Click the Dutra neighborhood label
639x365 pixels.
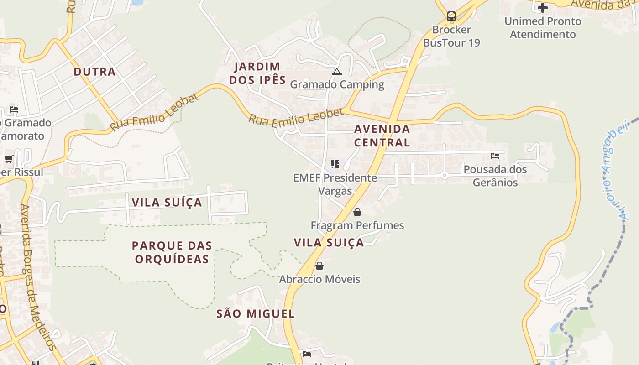pos(94,72)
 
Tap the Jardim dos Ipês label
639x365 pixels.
pos(257,73)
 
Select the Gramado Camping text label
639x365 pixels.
pos(337,84)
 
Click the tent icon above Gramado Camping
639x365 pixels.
pos(337,72)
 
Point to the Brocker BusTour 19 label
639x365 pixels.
pos(451,36)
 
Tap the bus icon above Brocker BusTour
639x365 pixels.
pos(451,17)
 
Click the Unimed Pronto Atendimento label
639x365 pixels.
pos(543,27)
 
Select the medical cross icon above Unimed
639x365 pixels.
pos(543,8)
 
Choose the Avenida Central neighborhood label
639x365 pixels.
pos(382,136)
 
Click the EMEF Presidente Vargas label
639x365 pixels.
pos(335,184)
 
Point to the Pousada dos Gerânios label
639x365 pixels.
pos(495,176)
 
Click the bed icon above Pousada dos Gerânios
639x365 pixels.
pos(495,156)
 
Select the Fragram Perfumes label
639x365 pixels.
pos(357,225)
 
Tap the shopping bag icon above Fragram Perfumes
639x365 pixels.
pos(357,212)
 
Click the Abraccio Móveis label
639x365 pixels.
pos(319,279)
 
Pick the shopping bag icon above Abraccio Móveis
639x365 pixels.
pos(319,266)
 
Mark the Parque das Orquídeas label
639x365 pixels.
pos(172,252)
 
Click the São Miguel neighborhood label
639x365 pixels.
pos(256,314)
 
